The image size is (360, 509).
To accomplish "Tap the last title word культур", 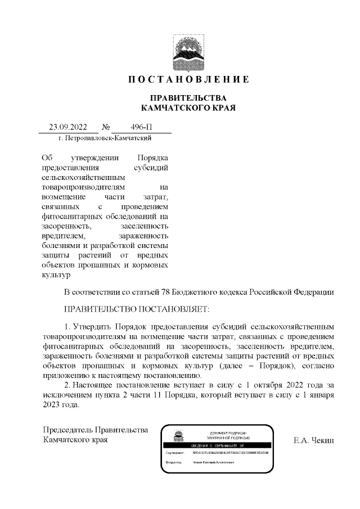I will pos(56,275).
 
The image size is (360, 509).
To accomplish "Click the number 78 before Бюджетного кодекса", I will pos(166,292).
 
